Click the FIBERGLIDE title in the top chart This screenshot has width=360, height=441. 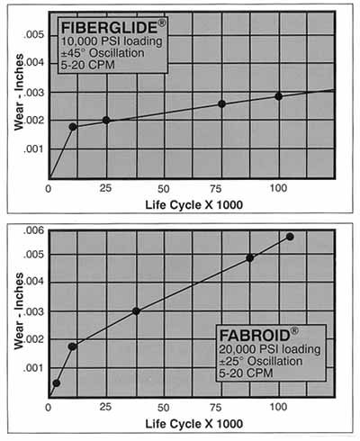[110, 27]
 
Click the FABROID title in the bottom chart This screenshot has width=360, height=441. [255, 335]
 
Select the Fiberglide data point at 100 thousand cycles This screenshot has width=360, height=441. [278, 96]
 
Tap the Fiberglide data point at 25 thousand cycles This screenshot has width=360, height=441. [106, 121]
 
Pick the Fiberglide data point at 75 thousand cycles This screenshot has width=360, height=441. [221, 104]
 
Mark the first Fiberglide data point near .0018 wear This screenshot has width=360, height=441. [73, 127]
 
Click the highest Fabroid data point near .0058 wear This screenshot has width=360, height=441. [290, 237]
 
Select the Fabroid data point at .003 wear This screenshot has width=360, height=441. [136, 311]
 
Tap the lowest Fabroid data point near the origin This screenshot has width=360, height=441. [57, 383]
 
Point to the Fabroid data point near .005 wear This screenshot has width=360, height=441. [249, 258]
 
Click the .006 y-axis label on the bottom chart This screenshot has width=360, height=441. [33, 230]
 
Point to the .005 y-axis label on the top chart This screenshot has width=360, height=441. [33, 35]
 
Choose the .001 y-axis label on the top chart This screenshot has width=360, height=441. [33, 148]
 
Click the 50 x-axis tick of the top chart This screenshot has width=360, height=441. [164, 189]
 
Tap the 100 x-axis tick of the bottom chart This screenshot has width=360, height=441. [278, 407]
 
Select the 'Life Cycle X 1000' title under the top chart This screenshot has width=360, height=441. [194, 205]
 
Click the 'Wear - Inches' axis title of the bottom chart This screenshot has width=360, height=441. [19, 310]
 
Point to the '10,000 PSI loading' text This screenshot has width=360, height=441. [112, 41]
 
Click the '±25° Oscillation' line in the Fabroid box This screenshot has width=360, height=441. [260, 361]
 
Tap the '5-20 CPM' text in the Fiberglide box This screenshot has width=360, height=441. [87, 65]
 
